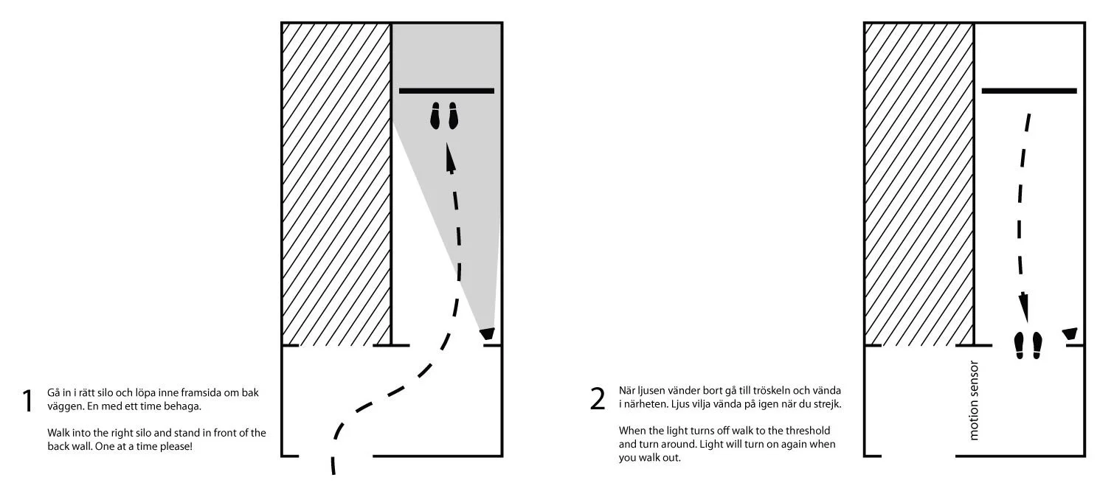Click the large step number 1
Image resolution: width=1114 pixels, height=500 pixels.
click(28, 400)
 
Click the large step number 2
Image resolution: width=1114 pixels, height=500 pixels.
click(598, 398)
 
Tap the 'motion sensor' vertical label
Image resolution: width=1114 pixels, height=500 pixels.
click(974, 401)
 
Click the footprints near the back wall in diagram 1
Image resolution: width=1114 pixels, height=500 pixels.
click(443, 117)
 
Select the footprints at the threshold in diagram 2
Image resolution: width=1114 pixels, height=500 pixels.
click(1028, 345)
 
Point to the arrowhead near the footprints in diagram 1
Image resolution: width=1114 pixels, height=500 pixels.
click(450, 157)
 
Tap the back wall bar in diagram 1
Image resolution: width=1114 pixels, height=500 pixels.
click(446, 91)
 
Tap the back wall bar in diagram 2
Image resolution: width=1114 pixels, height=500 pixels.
click(1029, 91)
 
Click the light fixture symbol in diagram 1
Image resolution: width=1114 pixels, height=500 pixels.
click(487, 335)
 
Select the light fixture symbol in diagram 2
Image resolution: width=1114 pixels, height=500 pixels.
click(1070, 335)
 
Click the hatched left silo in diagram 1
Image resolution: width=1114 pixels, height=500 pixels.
click(336, 184)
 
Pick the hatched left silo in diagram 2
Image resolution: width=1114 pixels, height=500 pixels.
click(919, 184)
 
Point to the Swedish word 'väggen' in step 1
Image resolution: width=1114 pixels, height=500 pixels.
click(62, 406)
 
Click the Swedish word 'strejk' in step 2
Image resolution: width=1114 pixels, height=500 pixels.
click(828, 404)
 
